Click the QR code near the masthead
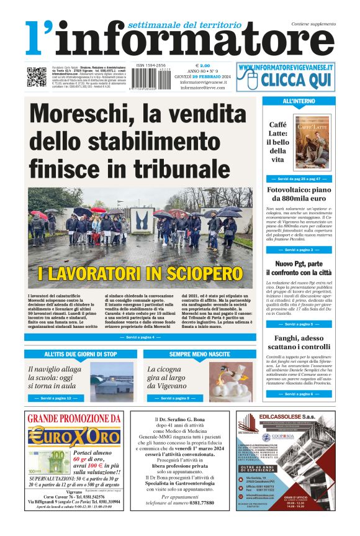[x=36, y=76]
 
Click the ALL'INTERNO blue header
[x=299, y=101]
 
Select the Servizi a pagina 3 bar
[x=299, y=250]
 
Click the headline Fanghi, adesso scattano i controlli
[x=299, y=343]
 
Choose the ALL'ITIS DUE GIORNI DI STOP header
[x=81, y=354]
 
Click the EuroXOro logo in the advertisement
[x=68, y=436]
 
